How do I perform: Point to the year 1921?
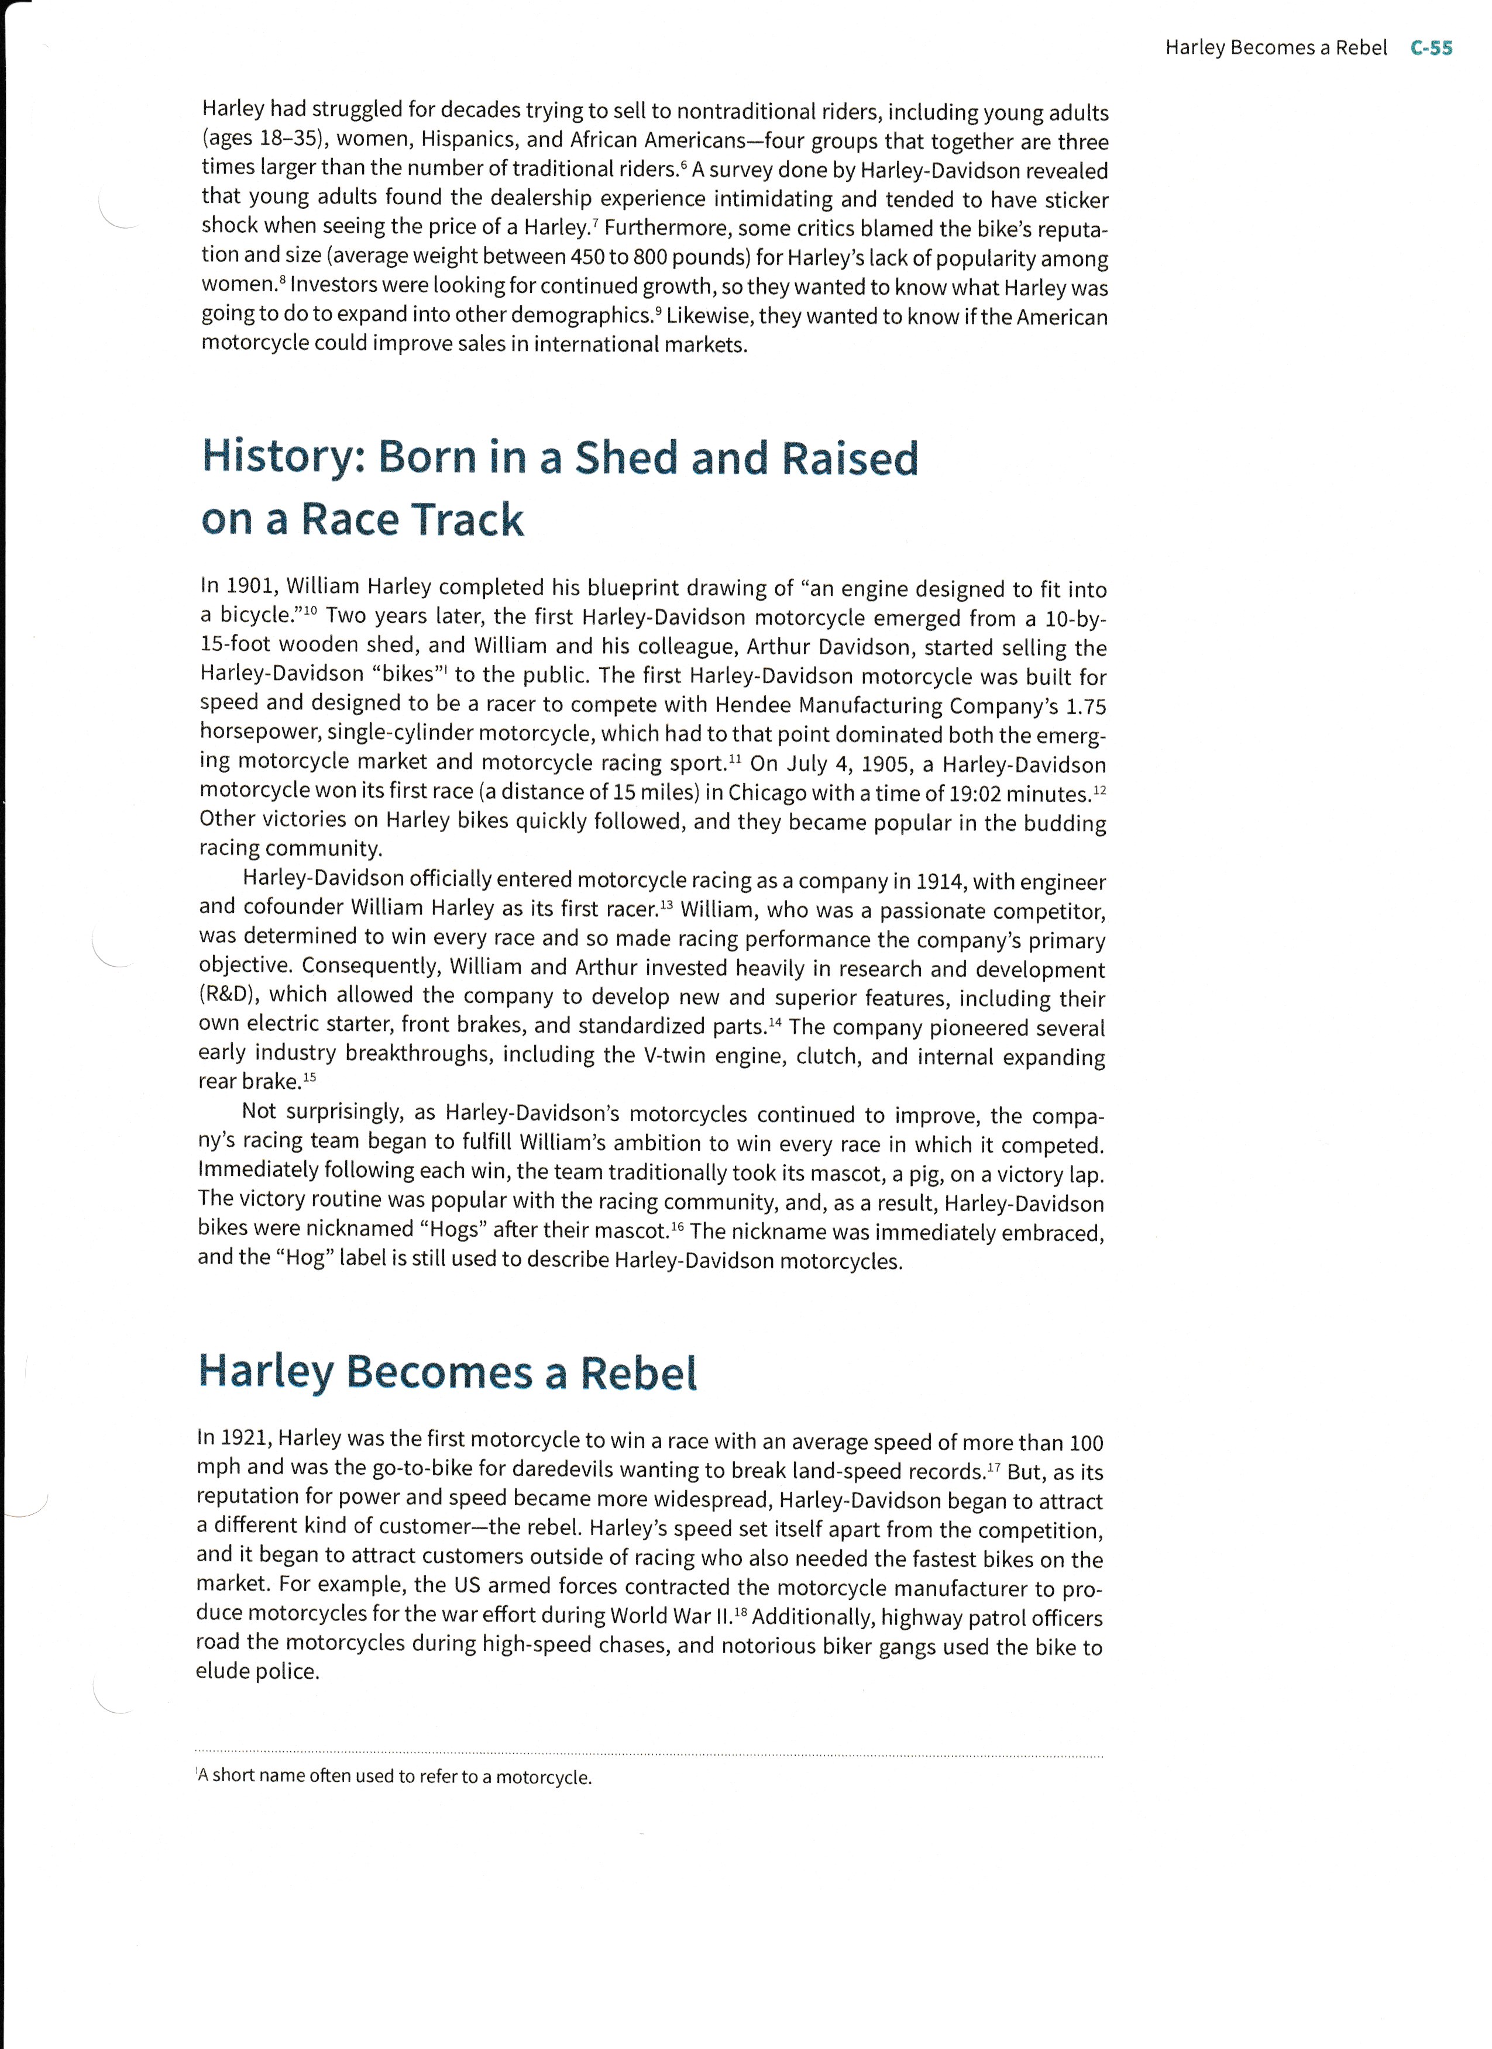(x=242, y=1437)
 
